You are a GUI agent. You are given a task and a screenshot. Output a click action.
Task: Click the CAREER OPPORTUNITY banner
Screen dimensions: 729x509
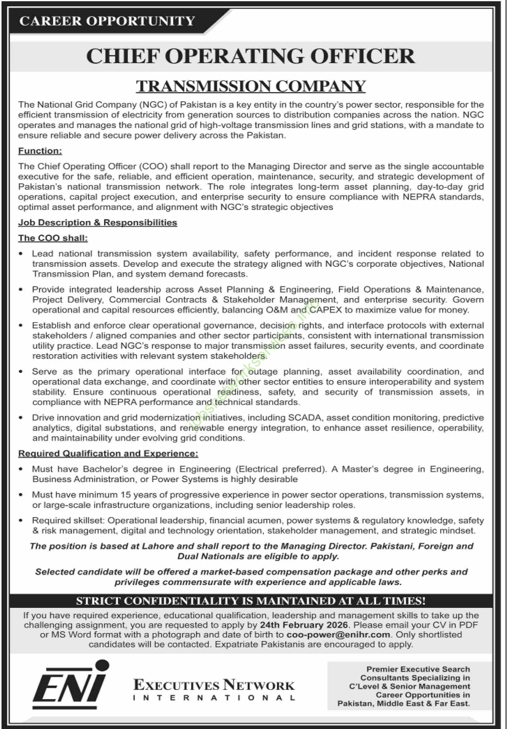tap(107, 21)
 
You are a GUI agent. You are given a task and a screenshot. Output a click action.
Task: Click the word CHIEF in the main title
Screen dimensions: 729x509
tap(122, 57)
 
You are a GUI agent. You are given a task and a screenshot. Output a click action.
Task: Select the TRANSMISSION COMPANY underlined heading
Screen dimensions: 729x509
tap(250, 86)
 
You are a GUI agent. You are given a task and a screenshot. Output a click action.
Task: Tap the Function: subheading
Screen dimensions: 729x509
tap(40, 151)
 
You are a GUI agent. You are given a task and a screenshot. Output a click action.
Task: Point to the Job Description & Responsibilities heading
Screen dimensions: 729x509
tap(97, 223)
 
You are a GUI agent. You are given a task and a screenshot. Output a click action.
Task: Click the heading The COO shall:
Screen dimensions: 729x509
tap(53, 238)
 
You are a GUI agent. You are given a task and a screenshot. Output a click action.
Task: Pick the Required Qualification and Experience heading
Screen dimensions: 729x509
tap(108, 454)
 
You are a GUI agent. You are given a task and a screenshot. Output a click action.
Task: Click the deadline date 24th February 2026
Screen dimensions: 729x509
tap(304, 625)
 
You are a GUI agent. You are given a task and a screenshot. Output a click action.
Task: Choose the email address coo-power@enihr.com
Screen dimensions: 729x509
tap(338, 634)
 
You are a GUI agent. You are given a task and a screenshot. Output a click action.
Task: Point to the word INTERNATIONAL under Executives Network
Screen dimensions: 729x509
tap(214, 698)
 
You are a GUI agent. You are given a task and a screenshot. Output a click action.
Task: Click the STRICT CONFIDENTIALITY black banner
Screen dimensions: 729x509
tap(250, 601)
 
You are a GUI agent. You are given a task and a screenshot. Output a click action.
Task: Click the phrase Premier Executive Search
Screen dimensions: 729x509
tap(418, 669)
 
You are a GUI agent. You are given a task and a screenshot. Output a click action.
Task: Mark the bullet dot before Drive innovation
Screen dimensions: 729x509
tap(21, 418)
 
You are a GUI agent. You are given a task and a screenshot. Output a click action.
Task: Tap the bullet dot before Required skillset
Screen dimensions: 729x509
tap(21, 520)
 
